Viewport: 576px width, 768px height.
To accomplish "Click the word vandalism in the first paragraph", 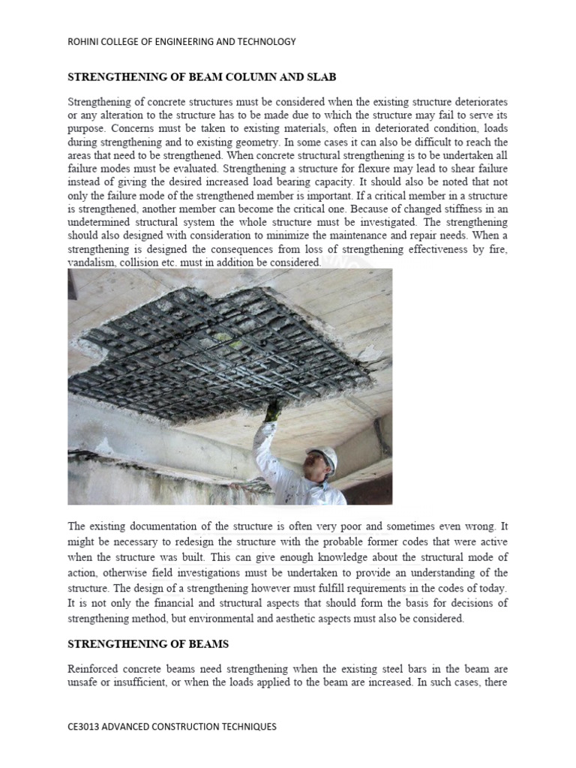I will tap(92, 262).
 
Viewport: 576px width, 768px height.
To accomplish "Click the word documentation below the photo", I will tap(163, 528).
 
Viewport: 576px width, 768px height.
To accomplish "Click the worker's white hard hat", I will tap(322, 454).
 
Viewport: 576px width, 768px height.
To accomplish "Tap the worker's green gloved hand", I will tap(274, 409).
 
